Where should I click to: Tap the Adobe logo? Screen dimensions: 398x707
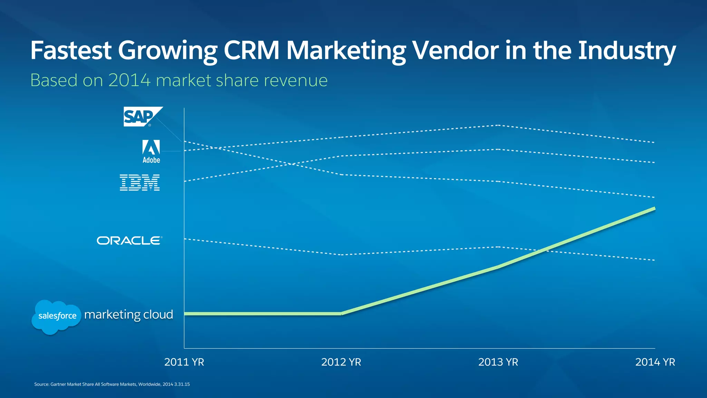coord(151,151)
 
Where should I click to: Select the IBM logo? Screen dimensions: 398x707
coord(140,182)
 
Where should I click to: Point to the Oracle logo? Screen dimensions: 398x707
coord(129,240)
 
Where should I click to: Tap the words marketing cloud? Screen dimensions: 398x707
coord(128,315)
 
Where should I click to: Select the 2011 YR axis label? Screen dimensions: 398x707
coord(184,362)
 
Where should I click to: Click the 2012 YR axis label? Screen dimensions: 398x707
coord(341,362)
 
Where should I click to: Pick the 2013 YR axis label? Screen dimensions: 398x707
coord(498,362)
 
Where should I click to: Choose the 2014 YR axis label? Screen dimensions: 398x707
coord(655,362)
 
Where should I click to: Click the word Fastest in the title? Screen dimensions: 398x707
coord(71,51)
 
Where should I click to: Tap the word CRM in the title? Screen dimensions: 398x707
coord(251,51)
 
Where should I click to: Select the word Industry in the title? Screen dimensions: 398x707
coord(627,51)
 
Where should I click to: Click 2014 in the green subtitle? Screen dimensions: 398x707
coord(129,80)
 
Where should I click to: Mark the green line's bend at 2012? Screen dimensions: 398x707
coord(341,313)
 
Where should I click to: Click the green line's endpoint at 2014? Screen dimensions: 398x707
coord(654,209)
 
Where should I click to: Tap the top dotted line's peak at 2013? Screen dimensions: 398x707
coord(498,125)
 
